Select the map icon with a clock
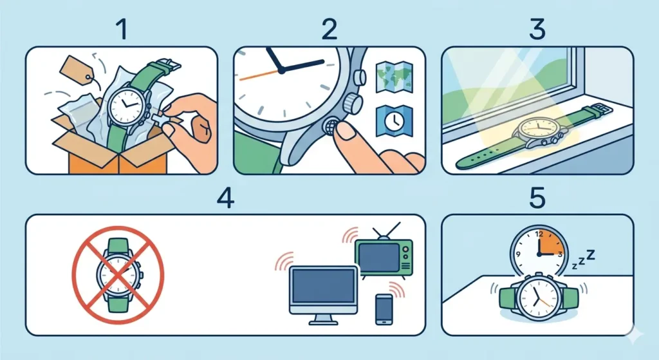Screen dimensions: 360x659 click(x=389, y=122)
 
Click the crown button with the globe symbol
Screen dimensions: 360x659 click(x=334, y=126)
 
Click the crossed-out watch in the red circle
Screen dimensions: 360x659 click(x=117, y=274)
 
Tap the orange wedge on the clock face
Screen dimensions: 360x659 click(x=552, y=244)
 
